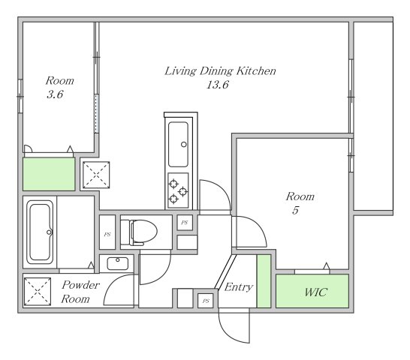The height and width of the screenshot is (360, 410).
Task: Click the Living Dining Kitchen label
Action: pos(220,71)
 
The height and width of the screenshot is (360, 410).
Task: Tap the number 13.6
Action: pos(218,85)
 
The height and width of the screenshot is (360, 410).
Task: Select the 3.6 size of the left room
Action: pos(55,94)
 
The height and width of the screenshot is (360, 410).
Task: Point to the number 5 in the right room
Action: pos(295,210)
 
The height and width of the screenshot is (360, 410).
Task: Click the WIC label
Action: pos(315,292)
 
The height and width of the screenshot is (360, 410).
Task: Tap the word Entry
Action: pos(239,287)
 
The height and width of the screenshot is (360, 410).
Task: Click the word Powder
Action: pos(81,285)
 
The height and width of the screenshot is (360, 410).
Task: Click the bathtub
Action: pos(40,232)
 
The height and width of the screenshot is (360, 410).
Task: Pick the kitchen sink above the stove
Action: pos(178,144)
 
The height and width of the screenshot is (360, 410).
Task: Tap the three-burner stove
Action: pos(178,190)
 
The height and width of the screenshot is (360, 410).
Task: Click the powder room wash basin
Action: pos(118,263)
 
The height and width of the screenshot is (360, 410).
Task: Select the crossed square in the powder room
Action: pos(38,292)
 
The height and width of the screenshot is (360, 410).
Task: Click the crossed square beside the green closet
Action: pos(96,175)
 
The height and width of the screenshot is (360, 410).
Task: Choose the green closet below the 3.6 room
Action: pos(49,174)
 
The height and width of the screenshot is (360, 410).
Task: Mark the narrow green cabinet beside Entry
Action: pos(264,281)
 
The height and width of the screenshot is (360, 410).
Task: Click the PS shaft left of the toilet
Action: pos(107,232)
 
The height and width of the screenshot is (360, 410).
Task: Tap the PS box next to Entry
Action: pos(206,301)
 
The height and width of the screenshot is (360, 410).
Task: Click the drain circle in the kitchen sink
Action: pos(184,144)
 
